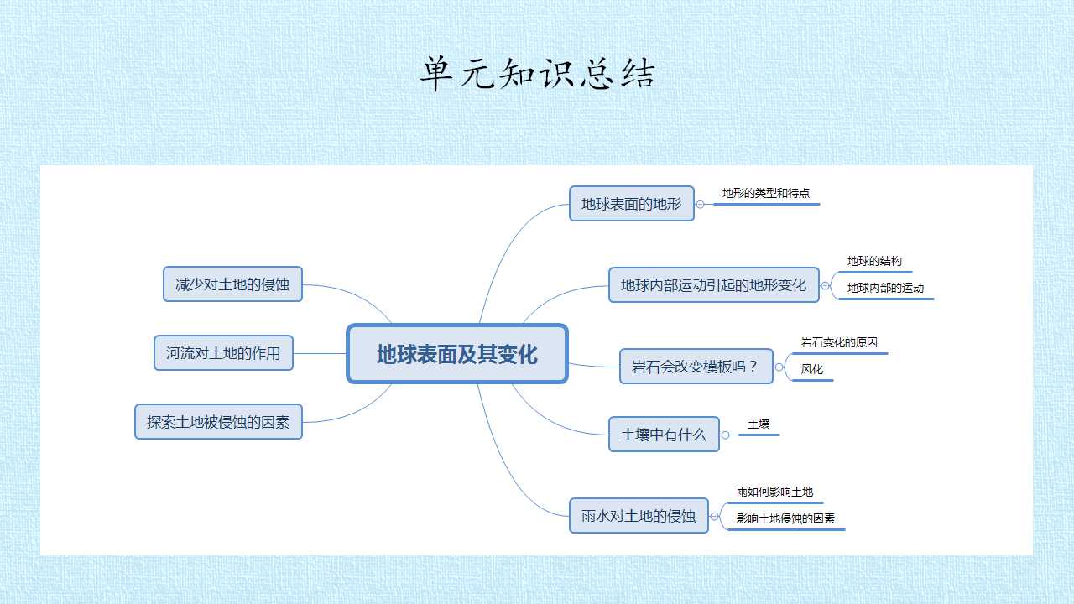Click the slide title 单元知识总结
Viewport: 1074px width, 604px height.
tap(538, 73)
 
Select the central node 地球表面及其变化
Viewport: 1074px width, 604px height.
tap(457, 354)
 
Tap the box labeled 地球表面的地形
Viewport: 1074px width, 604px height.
tap(632, 204)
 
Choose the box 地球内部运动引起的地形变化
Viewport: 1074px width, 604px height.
tap(713, 285)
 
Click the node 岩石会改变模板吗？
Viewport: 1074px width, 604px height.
tap(696, 367)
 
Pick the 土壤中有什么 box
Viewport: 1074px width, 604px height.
tap(664, 435)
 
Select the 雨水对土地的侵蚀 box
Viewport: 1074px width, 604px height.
tap(639, 516)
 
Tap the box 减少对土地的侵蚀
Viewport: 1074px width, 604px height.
tap(232, 284)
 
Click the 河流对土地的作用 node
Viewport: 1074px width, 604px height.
tap(223, 353)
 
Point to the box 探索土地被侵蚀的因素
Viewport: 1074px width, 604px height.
tap(218, 422)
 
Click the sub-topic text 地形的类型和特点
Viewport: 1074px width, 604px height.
tap(766, 193)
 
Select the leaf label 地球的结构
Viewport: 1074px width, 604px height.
tap(874, 261)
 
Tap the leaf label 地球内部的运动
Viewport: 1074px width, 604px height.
tap(885, 288)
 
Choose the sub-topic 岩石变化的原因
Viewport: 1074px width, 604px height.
tap(839, 342)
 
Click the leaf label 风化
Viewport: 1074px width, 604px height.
tap(811, 369)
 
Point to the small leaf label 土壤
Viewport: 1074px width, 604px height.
tap(759, 424)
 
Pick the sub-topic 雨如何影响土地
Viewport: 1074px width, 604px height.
tap(774, 492)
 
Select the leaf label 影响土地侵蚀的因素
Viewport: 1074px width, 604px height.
tap(785, 518)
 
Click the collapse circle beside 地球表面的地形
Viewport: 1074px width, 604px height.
tap(700, 205)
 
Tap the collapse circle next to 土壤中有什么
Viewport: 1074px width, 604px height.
tap(725, 435)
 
